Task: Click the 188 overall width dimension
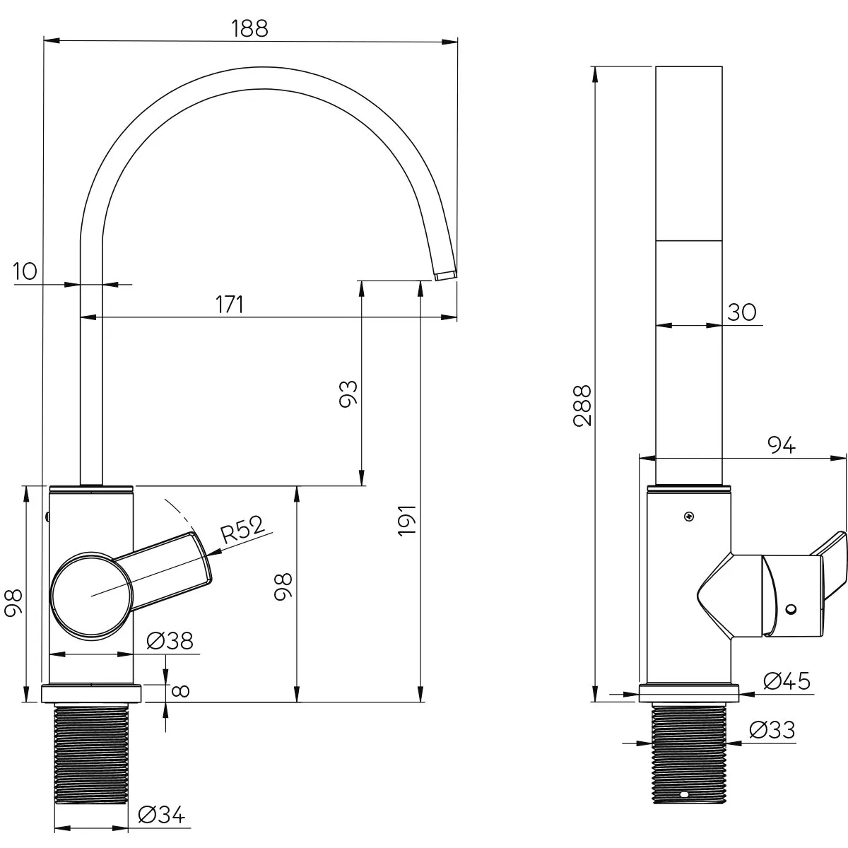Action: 249,28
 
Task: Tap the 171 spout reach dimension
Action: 229,304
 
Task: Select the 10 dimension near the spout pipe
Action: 25,271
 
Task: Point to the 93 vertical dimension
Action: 348,394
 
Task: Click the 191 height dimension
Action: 407,520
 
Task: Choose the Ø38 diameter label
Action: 170,641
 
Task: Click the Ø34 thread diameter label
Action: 162,815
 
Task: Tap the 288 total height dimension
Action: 582,406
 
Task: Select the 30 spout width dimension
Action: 742,312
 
